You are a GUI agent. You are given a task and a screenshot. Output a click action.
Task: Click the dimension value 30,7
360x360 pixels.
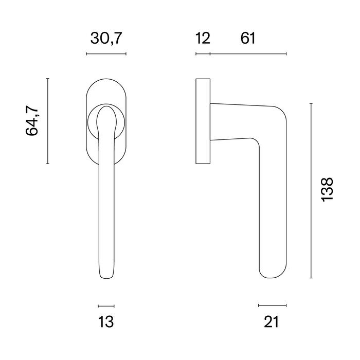[x=106, y=38]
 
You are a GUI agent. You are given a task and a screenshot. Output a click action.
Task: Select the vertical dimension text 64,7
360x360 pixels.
[x=32, y=121]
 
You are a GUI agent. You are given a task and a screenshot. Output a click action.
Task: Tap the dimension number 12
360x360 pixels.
[x=203, y=38]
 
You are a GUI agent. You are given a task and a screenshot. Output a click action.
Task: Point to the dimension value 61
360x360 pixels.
[x=247, y=38]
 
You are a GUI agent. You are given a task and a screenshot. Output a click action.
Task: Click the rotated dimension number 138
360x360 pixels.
[x=327, y=190]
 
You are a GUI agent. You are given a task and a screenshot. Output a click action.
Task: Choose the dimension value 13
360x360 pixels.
[x=105, y=322]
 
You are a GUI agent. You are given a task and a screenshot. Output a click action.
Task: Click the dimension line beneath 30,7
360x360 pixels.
[x=106, y=54]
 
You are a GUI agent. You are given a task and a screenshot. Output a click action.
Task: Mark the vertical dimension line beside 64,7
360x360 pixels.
[x=47, y=121]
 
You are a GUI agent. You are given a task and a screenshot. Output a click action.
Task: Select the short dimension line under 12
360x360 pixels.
[x=203, y=54]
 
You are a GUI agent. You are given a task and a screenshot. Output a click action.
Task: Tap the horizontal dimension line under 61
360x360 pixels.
[x=248, y=54]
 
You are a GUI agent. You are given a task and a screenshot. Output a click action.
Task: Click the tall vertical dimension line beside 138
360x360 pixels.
[x=311, y=190]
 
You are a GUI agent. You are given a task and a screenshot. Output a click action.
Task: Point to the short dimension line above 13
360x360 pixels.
[x=105, y=305]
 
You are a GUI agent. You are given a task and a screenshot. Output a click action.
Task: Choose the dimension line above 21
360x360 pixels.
[x=272, y=305]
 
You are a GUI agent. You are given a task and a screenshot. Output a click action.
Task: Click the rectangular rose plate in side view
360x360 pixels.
[x=203, y=121]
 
